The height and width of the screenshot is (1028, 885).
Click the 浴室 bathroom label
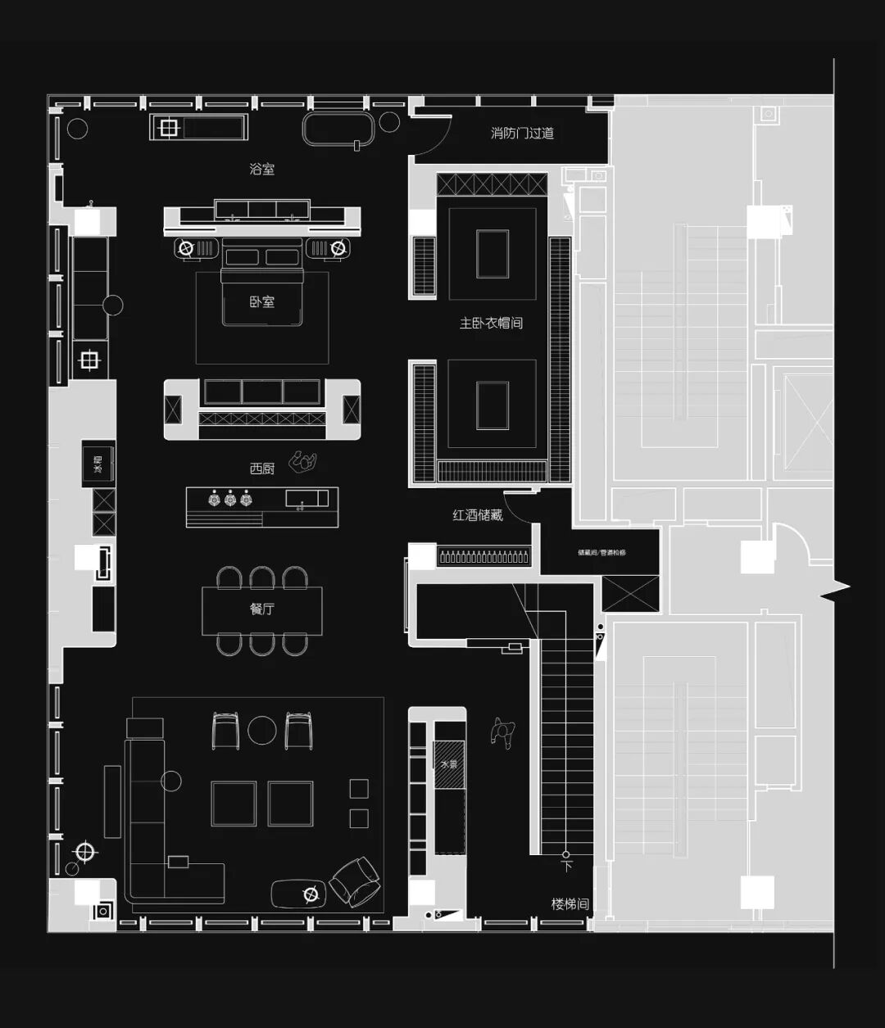point(262,169)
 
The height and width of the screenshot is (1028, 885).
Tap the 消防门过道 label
point(522,133)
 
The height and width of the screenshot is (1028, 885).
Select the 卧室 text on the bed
point(262,301)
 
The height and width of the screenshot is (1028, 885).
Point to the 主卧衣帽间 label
point(491,323)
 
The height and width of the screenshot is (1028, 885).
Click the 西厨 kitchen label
point(262,469)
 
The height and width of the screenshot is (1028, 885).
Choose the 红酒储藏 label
point(477,515)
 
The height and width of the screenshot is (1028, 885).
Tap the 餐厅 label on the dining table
point(262,609)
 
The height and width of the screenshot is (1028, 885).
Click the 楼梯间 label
point(570,904)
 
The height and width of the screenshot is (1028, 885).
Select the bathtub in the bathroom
point(338,129)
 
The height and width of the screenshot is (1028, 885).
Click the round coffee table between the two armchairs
point(262,730)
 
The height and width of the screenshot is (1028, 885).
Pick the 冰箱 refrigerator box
point(98,464)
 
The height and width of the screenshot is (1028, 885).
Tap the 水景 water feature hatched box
point(449,763)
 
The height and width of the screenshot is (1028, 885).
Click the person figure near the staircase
point(502,731)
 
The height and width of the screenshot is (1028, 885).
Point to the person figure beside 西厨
point(305,463)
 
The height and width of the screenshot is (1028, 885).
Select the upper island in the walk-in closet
point(492,254)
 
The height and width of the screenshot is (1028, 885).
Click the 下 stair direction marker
point(565,863)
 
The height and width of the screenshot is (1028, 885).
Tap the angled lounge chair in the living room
point(354,881)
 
